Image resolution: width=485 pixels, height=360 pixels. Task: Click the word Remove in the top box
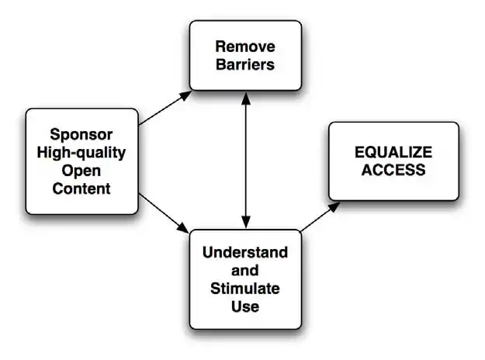pos(244,47)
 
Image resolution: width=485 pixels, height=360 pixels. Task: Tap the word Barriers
pos(244,65)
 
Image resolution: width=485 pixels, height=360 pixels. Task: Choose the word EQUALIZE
pos(393,152)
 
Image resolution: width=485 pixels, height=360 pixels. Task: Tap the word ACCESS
pos(393,171)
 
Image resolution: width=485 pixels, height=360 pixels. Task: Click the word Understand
pos(244,253)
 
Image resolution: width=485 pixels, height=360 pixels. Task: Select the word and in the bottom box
pos(244,271)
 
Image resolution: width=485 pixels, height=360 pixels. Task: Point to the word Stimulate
pos(244,289)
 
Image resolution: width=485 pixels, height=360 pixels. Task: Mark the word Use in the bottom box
pos(244,307)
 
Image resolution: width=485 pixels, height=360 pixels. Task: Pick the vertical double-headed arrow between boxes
pos(246,159)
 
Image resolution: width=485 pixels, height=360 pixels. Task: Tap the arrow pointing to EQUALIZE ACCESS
pos(319,216)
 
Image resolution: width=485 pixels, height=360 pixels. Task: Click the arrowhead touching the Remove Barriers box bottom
pos(246,98)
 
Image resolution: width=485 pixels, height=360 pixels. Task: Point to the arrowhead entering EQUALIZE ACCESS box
pos(334,206)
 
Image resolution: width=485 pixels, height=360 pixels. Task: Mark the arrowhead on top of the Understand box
pos(246,223)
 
